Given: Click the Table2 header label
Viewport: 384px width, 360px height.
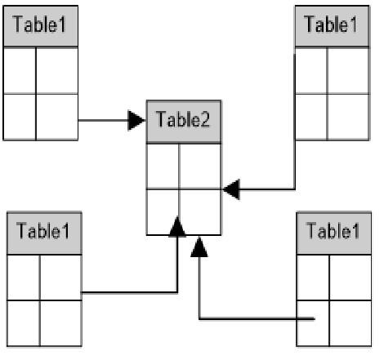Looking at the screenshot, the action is point(183,119).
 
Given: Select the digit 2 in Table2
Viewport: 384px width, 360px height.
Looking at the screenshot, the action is point(204,119).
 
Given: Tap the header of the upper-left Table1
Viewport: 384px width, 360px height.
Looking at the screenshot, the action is point(41,26).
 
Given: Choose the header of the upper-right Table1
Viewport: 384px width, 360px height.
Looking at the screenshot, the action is point(333,26).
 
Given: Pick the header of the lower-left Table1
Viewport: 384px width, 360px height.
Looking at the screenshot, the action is point(44,233).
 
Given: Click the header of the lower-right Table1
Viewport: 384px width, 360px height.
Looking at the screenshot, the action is point(334,233).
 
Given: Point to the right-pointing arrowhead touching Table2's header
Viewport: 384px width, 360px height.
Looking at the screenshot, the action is point(136,120).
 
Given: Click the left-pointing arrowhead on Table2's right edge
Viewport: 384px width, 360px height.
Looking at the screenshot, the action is point(231,189).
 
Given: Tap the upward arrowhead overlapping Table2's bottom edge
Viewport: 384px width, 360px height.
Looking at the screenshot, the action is point(177,227).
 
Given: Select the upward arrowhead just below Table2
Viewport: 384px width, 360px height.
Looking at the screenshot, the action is point(199,247).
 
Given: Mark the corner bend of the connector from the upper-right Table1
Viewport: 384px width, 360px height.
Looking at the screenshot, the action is point(295,189).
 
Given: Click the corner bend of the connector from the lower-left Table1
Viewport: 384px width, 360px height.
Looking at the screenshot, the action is point(177,292).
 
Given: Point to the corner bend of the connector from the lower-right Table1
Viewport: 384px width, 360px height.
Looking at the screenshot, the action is point(199,318).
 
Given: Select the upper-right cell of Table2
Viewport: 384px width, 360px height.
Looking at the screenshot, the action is point(200,166).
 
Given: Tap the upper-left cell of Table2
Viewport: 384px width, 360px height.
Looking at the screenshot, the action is point(163,166).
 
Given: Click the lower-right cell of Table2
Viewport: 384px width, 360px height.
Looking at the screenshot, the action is point(200,211).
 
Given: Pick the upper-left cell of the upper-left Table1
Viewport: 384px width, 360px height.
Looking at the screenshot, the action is point(20,70).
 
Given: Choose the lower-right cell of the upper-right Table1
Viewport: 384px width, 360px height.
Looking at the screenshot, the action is point(348,117).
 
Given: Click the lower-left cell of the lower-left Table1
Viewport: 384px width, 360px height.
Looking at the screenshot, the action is point(24,323).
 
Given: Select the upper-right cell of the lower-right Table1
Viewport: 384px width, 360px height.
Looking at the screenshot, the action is point(351,278).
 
